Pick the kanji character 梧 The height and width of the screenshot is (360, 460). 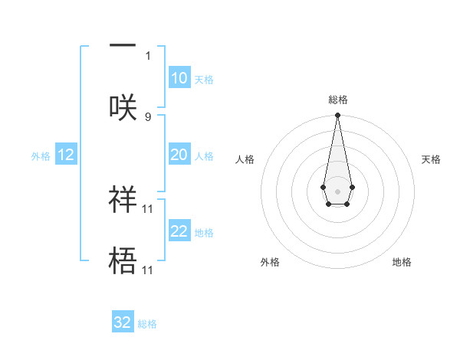pyautogui.click(x=123, y=260)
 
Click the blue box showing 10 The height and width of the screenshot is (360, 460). pyautogui.click(x=179, y=78)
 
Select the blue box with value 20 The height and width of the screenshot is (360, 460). pyautogui.click(x=179, y=155)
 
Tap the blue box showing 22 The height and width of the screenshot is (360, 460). pyautogui.click(x=179, y=231)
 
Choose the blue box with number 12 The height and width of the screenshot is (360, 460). pyautogui.click(x=66, y=155)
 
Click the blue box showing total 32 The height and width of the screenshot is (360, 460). pyautogui.click(x=123, y=322)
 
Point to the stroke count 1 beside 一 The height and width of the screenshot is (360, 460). pyautogui.click(x=148, y=55)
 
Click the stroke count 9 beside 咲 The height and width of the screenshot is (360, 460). pyautogui.click(x=148, y=116)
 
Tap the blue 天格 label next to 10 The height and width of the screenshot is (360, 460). pyautogui.click(x=204, y=80)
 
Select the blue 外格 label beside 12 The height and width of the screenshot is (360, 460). pyautogui.click(x=41, y=156)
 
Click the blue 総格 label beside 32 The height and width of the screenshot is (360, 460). pyautogui.click(x=147, y=324)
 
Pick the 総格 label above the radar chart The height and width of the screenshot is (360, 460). pyautogui.click(x=337, y=100)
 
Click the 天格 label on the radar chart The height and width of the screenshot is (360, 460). pyautogui.click(x=431, y=159)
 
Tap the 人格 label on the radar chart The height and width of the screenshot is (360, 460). pyautogui.click(x=245, y=159)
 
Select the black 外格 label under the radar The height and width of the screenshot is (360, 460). pyautogui.click(x=270, y=262)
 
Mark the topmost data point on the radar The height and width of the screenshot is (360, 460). pyautogui.click(x=337, y=116)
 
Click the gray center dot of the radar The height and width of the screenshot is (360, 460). pyautogui.click(x=337, y=190)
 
